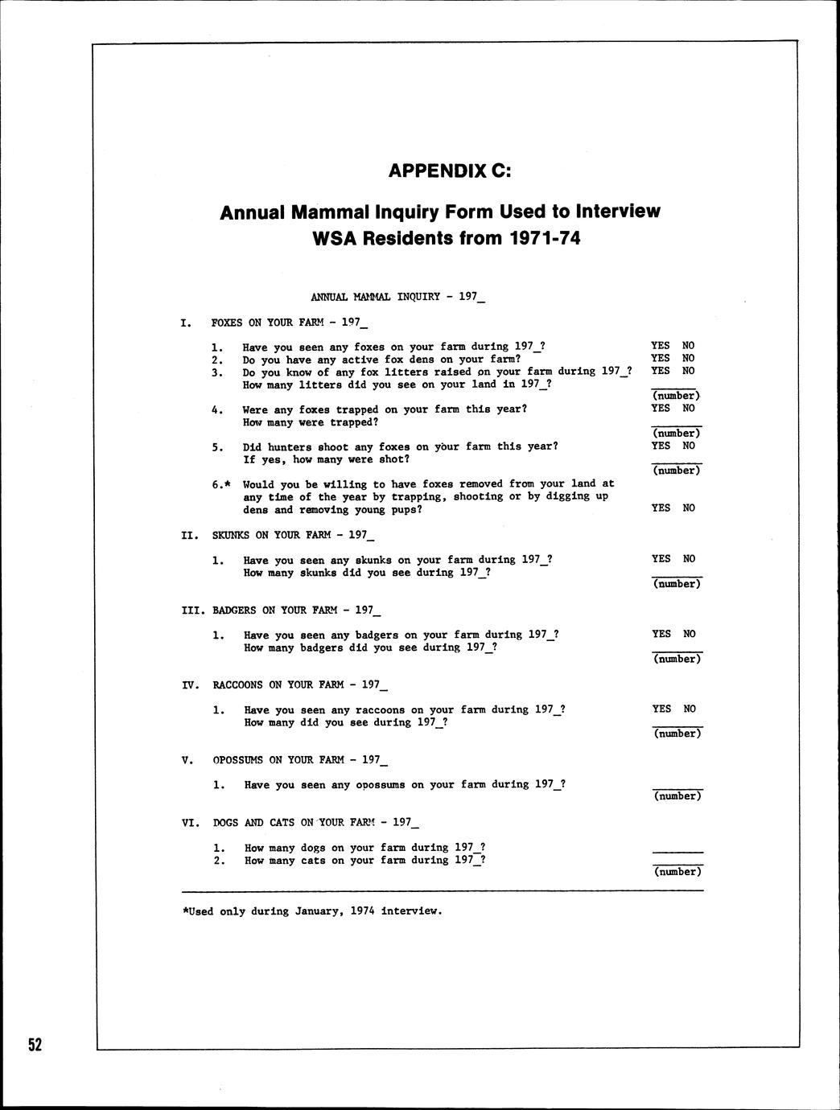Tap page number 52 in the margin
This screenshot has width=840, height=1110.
pyautogui.click(x=35, y=1045)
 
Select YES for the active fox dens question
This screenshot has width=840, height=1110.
pyautogui.click(x=660, y=359)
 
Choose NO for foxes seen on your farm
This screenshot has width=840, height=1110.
pyautogui.click(x=688, y=346)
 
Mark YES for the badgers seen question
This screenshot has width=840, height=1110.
pyautogui.click(x=661, y=634)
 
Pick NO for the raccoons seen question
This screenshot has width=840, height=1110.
pyautogui.click(x=690, y=709)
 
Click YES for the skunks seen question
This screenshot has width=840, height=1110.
pyautogui.click(x=661, y=558)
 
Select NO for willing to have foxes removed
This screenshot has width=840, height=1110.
pyautogui.click(x=689, y=508)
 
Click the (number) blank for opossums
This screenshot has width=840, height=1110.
pyautogui.click(x=677, y=795)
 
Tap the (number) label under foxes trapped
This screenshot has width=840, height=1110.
pyautogui.click(x=677, y=433)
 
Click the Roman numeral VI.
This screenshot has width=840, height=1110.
pyautogui.click(x=190, y=823)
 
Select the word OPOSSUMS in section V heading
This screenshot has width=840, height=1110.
pyautogui.click(x=238, y=760)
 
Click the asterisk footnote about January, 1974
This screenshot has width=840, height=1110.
pyautogui.click(x=312, y=911)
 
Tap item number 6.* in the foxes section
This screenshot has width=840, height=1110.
pyautogui.click(x=220, y=484)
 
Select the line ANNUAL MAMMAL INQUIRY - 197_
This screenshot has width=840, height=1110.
pyautogui.click(x=397, y=297)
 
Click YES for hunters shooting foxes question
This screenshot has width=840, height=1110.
pyautogui.click(x=661, y=446)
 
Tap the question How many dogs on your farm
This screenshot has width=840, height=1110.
pyautogui.click(x=364, y=847)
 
